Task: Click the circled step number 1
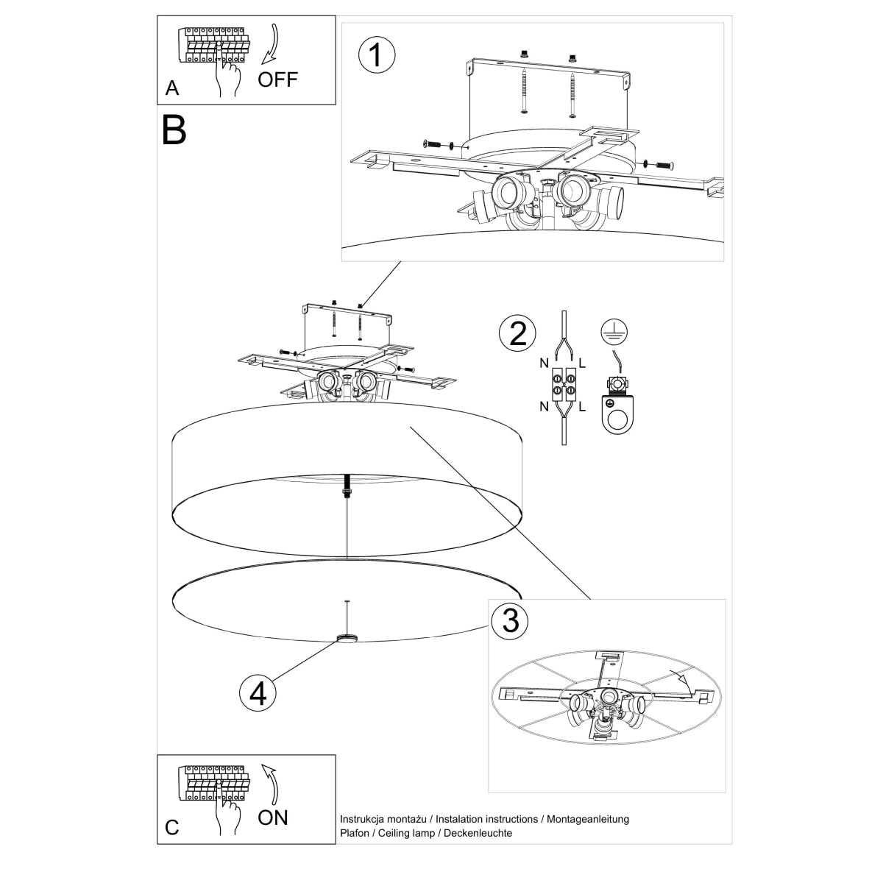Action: pyautogui.click(x=376, y=56)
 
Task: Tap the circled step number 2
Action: pyautogui.click(x=518, y=333)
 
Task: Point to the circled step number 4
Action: pyautogui.click(x=258, y=692)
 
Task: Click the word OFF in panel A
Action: pyautogui.click(x=277, y=79)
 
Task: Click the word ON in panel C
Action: pyautogui.click(x=273, y=817)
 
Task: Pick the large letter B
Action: pyautogui.click(x=174, y=130)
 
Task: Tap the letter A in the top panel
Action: pyautogui.click(x=172, y=88)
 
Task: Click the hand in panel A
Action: pyautogui.click(x=229, y=76)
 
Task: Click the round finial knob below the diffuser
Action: pyautogui.click(x=346, y=638)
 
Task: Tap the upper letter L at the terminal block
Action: pyautogui.click(x=582, y=364)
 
